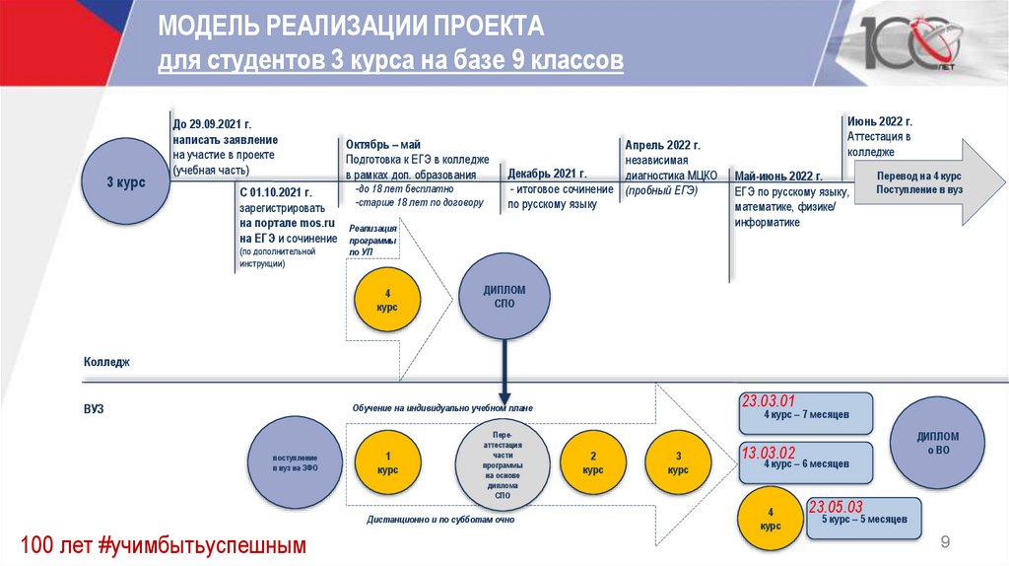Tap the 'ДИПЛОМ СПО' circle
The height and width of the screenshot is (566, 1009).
(x=504, y=296)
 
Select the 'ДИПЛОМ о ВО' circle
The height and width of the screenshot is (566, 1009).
(x=937, y=443)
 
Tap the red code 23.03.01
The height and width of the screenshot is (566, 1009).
(x=767, y=401)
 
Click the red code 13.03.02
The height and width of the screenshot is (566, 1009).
(x=767, y=452)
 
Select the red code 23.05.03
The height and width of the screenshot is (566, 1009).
(x=836, y=507)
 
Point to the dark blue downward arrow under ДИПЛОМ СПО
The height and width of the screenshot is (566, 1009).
(x=504, y=370)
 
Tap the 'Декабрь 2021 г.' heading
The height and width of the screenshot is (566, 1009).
(x=548, y=173)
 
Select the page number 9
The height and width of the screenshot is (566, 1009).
(x=945, y=541)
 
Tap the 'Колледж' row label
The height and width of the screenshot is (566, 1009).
(x=106, y=363)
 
